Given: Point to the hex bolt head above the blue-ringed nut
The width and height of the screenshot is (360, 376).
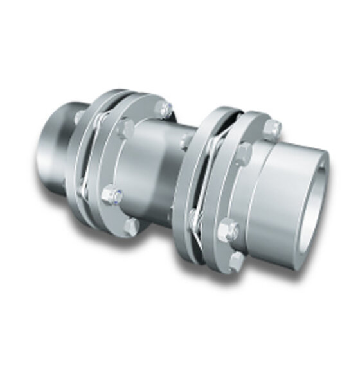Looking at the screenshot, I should [x=125, y=129].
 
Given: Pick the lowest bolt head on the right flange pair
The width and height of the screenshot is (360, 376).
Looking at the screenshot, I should [x=236, y=260].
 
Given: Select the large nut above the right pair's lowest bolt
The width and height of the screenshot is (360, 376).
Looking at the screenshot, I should [x=227, y=230].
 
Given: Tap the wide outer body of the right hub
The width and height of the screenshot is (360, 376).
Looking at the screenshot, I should [x=289, y=193].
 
